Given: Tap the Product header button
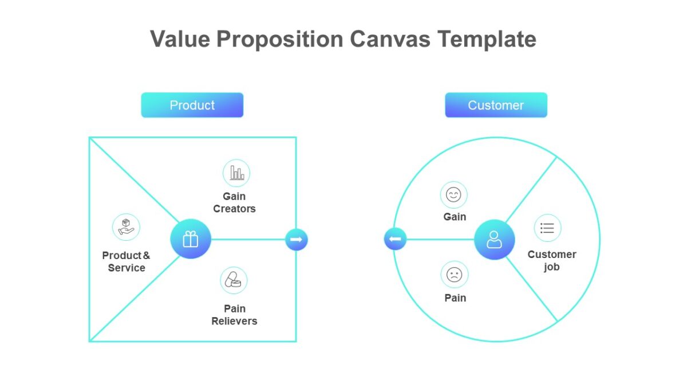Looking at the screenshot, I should click(192, 105).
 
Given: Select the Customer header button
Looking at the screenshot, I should click(496, 105).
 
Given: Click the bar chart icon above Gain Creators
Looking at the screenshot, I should click(236, 173).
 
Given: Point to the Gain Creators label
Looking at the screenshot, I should click(234, 202).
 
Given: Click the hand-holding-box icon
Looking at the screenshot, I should click(126, 227).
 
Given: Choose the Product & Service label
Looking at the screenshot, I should click(126, 261).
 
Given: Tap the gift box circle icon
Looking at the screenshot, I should click(191, 239).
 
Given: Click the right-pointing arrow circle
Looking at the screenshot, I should click(297, 239).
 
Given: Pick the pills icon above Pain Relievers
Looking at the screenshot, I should click(234, 280).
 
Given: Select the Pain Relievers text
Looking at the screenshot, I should click(234, 315).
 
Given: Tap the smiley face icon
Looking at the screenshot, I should click(453, 195).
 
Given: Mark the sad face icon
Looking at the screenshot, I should click(454, 275).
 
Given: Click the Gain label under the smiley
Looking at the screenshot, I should click(455, 217).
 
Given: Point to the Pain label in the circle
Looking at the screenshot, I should click(455, 298).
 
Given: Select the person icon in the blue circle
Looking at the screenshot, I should click(494, 239).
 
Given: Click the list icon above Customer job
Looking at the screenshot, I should click(547, 228).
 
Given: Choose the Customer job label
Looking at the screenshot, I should click(552, 260).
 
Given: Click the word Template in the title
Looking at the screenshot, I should click(487, 40).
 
